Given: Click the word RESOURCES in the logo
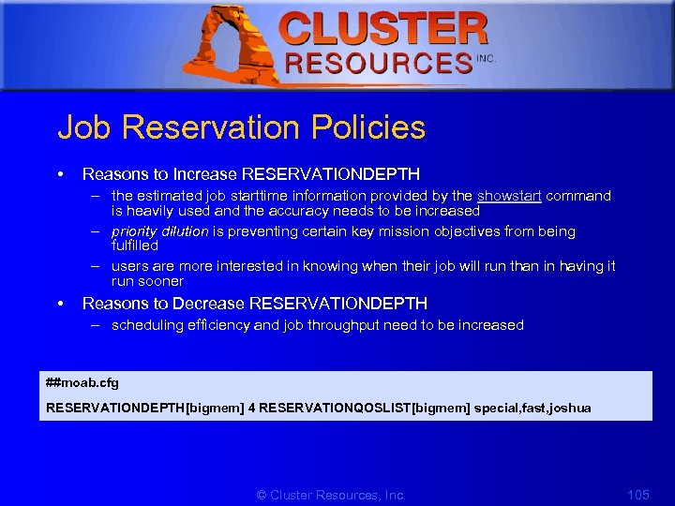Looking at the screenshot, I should click(379, 64).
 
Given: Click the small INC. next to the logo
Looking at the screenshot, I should click(486, 59).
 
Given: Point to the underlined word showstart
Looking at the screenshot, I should click(509, 196).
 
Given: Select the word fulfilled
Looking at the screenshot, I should click(135, 246).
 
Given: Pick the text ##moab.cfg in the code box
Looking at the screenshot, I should click(82, 383).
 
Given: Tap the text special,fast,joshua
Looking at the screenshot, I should click(532, 409).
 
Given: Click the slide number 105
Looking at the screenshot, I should click(637, 494).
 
